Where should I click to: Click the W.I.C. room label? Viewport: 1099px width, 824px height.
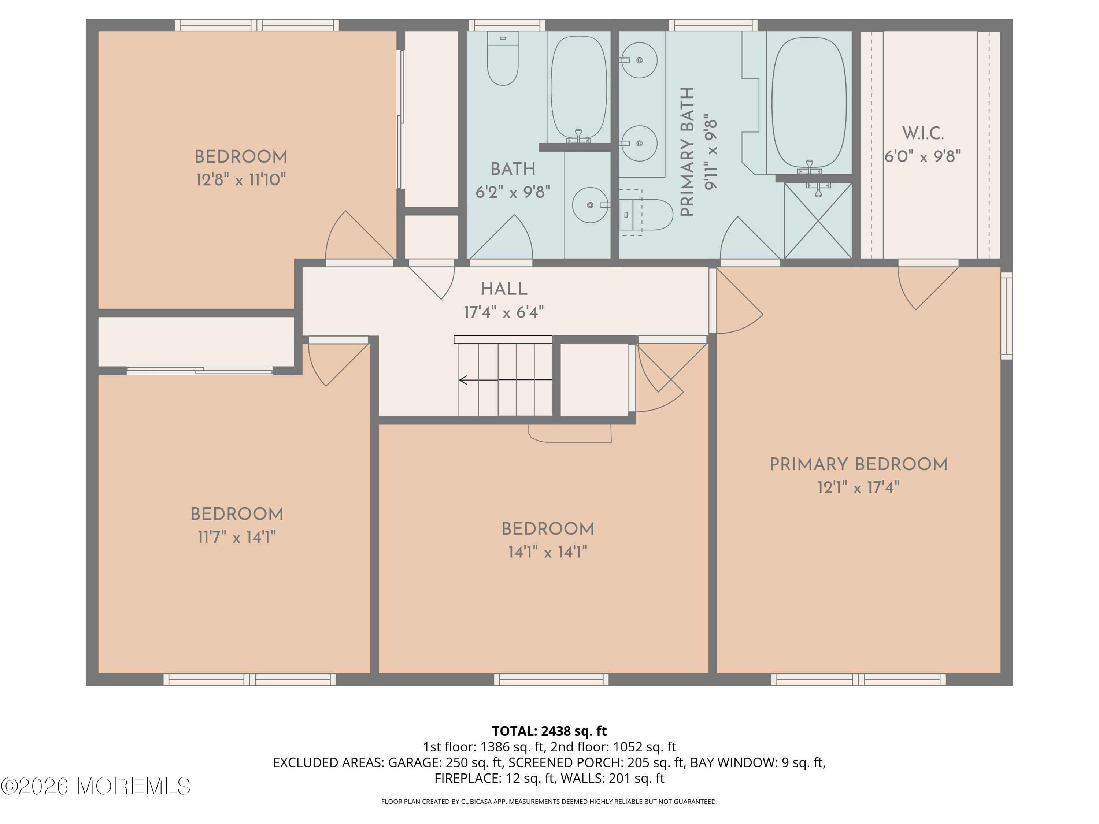923,134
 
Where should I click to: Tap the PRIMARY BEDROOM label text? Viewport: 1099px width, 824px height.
859,465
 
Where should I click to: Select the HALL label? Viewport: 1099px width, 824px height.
504,289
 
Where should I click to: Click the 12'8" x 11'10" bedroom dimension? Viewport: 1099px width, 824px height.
241,179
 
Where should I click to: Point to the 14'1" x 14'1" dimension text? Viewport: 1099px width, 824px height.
548,552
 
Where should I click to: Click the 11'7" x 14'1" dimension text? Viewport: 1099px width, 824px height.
237,537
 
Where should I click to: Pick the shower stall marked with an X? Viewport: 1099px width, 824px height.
818,220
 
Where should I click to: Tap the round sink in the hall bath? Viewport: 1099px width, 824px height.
590,205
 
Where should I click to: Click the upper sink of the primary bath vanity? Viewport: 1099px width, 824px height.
639,60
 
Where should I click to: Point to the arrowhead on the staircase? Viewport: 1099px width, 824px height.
463,380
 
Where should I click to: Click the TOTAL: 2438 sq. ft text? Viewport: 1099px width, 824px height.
549,731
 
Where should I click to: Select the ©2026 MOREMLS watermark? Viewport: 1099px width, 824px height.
96,786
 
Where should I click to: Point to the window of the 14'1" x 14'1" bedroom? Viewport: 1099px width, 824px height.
551,679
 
